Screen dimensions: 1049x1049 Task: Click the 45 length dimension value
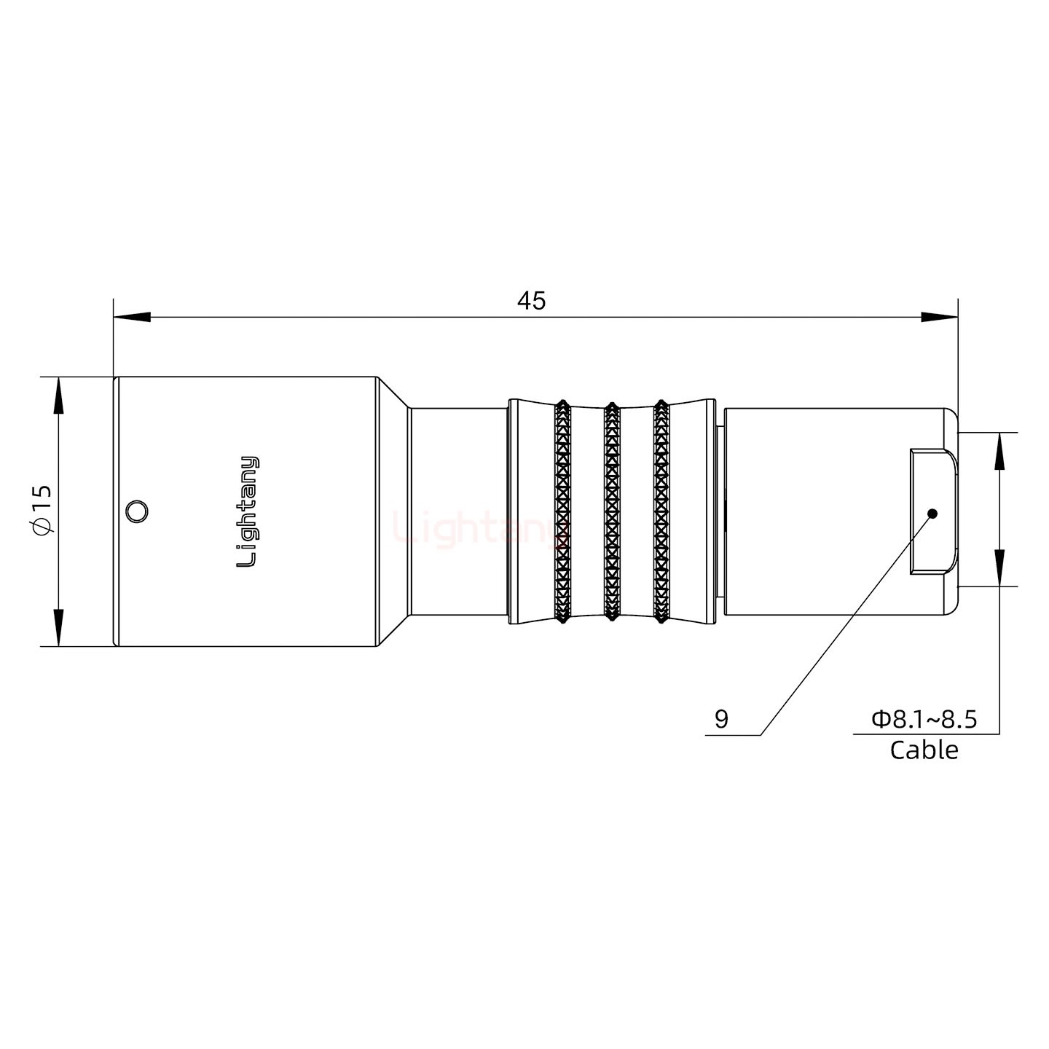531,300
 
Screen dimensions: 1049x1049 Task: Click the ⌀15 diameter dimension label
42,510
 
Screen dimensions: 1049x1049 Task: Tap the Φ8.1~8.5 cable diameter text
924,720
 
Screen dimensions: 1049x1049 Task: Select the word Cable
924,750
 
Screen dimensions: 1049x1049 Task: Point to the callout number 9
721,720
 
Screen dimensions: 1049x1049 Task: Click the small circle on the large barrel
135,511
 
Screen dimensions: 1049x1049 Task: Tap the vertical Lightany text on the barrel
248,511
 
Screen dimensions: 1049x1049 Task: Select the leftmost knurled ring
562,511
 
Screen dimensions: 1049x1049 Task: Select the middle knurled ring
612,511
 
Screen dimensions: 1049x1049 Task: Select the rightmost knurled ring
661,511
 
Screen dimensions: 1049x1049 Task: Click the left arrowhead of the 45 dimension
131,317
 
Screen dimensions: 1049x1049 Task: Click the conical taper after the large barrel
393,511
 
